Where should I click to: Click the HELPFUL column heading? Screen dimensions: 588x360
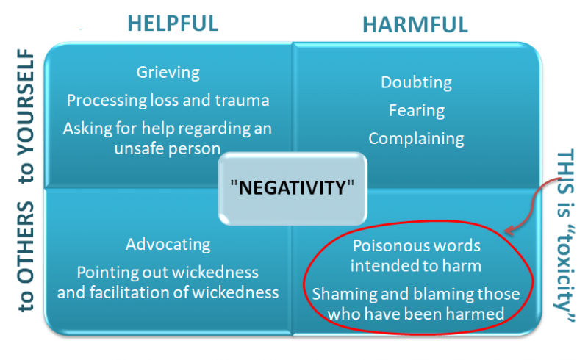(173, 24)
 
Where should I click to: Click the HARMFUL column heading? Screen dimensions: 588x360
(415, 25)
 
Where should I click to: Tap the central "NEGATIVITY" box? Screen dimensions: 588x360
(293, 188)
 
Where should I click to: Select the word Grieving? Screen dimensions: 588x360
(168, 73)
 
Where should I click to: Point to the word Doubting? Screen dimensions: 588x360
(416, 82)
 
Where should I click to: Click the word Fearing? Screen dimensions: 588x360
(416, 111)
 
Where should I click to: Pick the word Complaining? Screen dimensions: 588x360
(416, 139)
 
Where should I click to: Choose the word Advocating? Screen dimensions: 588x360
(168, 245)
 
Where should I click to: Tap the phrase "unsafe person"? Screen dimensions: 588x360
(168, 149)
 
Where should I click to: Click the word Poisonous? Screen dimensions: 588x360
(384, 246)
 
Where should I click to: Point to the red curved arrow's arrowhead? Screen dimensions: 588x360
(509, 231)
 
